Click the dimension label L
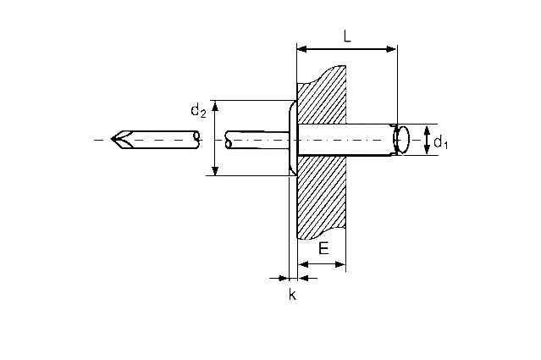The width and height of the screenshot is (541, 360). pos(347,36)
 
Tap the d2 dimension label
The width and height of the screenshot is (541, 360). pos(198,111)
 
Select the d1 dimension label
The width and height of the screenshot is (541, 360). pos(440,141)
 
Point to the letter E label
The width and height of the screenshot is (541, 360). pos(323,248)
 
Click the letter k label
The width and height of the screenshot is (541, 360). pos(293,295)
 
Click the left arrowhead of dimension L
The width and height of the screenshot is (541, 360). pos(302,49)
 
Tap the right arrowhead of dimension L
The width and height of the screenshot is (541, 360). pos(392,49)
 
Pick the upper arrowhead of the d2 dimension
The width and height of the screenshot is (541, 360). pos(215,105)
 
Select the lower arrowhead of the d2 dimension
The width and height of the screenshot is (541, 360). pos(215,171)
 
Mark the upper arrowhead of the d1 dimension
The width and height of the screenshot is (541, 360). pos(428,130)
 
